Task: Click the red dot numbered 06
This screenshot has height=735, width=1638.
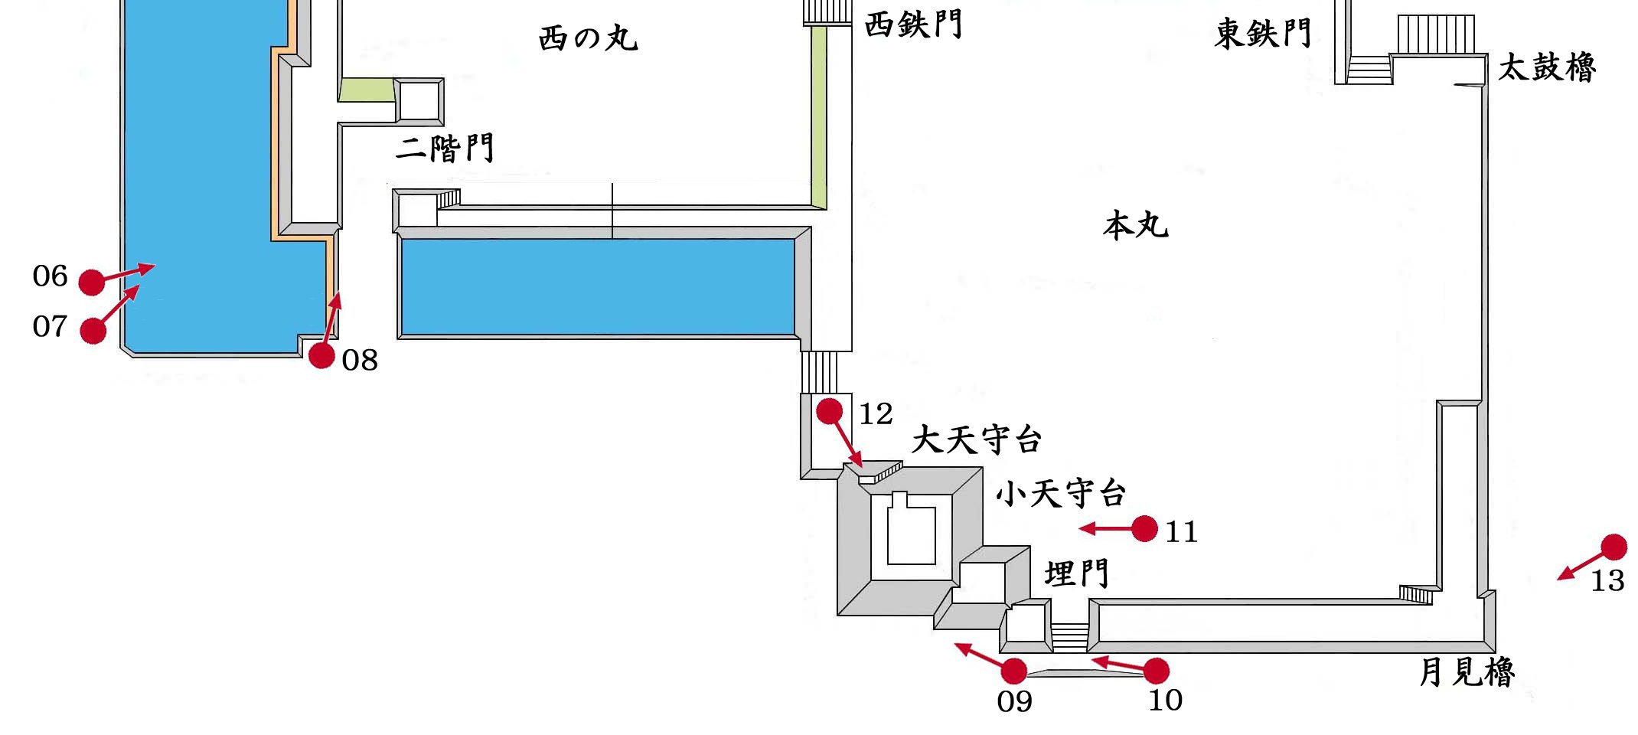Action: pyautogui.click(x=92, y=283)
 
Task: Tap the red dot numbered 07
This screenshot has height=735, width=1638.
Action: pyautogui.click(x=93, y=331)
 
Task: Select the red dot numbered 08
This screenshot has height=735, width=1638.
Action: pyautogui.click(x=321, y=355)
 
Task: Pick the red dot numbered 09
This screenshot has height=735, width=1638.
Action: pyautogui.click(x=1014, y=671)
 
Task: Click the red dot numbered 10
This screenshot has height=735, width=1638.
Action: pyautogui.click(x=1156, y=671)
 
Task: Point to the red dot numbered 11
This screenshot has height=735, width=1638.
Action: pyautogui.click(x=1144, y=528)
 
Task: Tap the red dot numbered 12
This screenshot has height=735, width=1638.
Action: pyautogui.click(x=829, y=411)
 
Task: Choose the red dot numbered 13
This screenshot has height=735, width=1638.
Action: pyautogui.click(x=1614, y=547)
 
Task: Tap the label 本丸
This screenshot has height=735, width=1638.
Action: pyautogui.click(x=1136, y=226)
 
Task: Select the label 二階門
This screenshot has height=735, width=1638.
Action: pyautogui.click(x=445, y=148)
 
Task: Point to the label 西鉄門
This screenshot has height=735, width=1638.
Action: pyautogui.click(x=912, y=25)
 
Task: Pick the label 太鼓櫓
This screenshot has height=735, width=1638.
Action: pyautogui.click(x=1546, y=67)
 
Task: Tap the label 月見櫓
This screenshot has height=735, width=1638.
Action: pyautogui.click(x=1467, y=672)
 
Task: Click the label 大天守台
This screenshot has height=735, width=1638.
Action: pyautogui.click(x=977, y=440)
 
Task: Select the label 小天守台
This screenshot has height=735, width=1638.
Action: pyautogui.click(x=1061, y=494)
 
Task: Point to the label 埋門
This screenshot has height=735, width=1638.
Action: pyautogui.click(x=1076, y=573)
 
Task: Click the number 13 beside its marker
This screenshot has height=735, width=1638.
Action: pyautogui.click(x=1607, y=581)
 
